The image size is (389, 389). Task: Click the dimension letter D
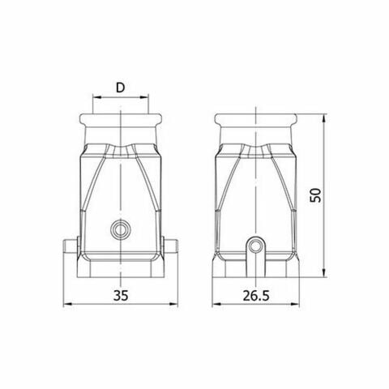(121, 88)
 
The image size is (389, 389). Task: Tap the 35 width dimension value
(121, 295)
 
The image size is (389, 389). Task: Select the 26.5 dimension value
(256, 296)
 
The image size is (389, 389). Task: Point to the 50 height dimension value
(315, 195)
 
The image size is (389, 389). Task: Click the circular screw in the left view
(121, 230)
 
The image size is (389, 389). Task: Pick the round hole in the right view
(255, 246)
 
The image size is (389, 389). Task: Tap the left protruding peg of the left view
(71, 246)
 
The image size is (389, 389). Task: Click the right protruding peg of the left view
(170, 246)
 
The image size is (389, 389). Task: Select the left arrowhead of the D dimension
(96, 96)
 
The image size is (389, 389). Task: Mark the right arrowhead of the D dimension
(144, 96)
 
